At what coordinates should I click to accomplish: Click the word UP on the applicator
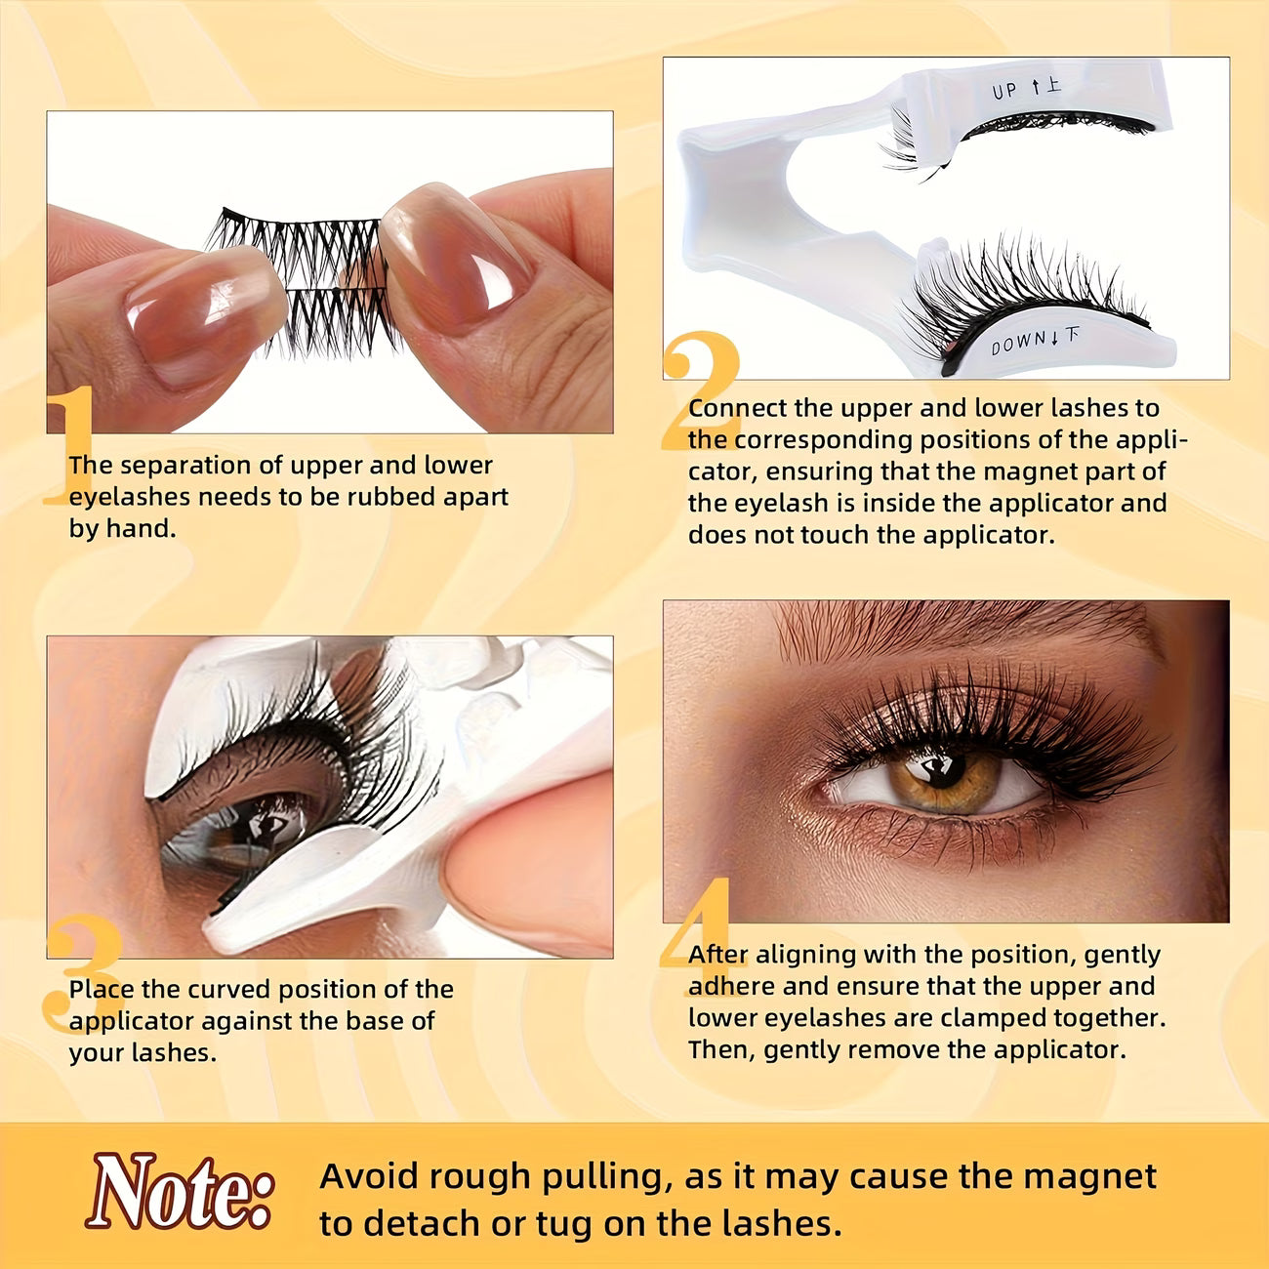coord(1003,91)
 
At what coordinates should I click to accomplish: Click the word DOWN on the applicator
coord(1018,342)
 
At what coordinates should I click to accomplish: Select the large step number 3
coord(82,973)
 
